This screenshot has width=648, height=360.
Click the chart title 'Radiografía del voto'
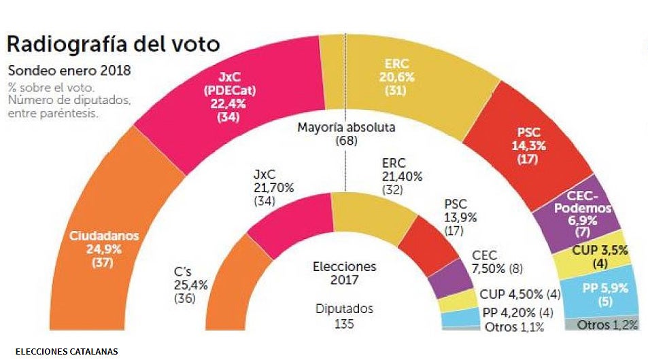pos(114,44)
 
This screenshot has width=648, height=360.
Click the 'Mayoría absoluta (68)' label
pos(346,134)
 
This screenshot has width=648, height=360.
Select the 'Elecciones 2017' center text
pos(344,273)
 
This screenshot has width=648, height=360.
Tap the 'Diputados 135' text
pos(344,316)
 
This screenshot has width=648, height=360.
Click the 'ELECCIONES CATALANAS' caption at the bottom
pos(66,352)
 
